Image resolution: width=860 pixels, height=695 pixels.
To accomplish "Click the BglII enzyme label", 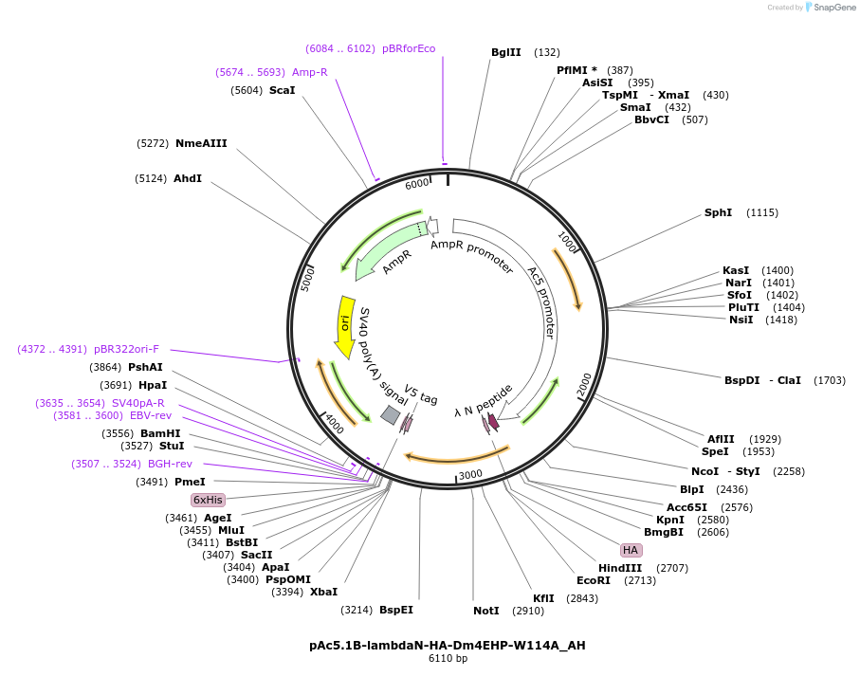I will [505, 52].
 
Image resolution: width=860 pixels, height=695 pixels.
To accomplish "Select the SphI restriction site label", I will [718, 212].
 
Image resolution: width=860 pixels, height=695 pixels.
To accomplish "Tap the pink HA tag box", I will [631, 550].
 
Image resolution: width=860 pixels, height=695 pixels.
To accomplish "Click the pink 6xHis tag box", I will [207, 500].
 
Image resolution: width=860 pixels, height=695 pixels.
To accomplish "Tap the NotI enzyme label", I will [485, 611].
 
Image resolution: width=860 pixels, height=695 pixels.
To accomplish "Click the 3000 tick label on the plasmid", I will [470, 474].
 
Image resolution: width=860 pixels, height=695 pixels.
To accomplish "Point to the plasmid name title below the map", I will [448, 645].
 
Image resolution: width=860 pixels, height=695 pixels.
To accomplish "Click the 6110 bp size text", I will [448, 658].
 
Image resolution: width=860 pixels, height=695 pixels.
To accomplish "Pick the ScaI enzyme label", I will [282, 90].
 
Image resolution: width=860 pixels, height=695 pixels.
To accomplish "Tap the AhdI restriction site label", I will [188, 178].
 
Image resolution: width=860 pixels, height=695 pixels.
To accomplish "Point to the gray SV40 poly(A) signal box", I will [390, 414].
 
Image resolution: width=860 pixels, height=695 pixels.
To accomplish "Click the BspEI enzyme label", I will [396, 610].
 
